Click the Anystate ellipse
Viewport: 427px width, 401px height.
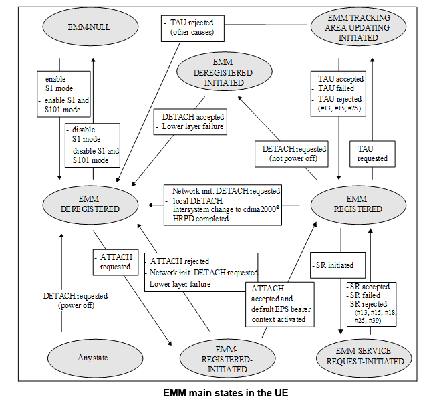87,357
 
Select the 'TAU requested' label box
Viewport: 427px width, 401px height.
372,153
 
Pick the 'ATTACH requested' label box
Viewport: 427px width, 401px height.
114,261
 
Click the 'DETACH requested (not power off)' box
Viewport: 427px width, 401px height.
292,153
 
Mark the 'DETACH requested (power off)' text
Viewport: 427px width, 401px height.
66,300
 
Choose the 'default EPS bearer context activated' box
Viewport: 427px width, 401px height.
279,304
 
